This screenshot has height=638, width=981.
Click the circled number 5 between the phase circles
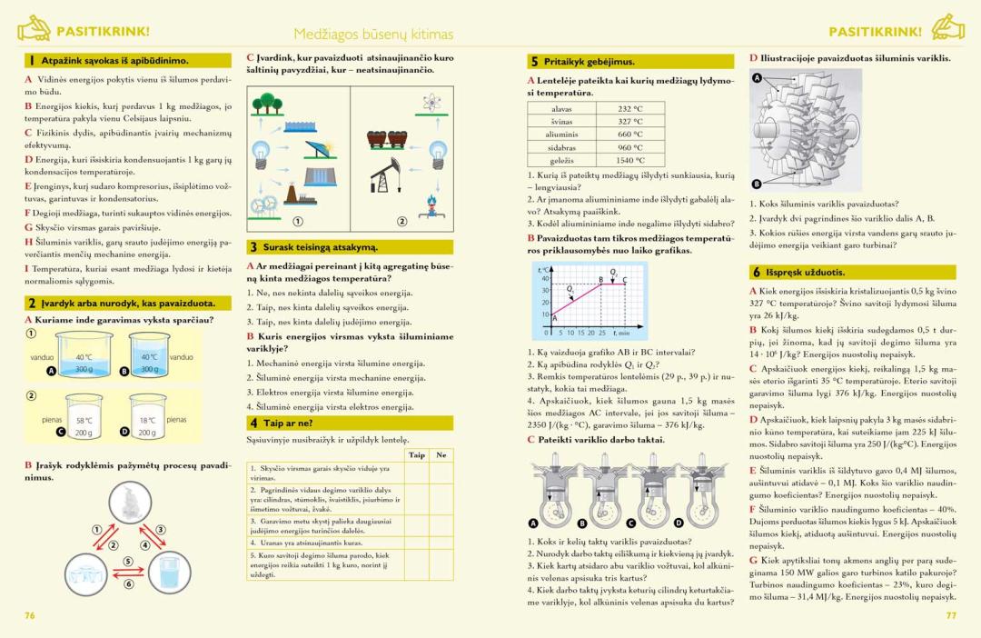[128, 561]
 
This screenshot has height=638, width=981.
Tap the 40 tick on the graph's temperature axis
[545, 278]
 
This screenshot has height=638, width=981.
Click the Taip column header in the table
[417, 454]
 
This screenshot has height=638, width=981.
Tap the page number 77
[951, 615]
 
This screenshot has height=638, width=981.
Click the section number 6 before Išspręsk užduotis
[756, 272]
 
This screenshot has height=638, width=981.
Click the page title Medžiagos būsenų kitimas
[372, 35]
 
